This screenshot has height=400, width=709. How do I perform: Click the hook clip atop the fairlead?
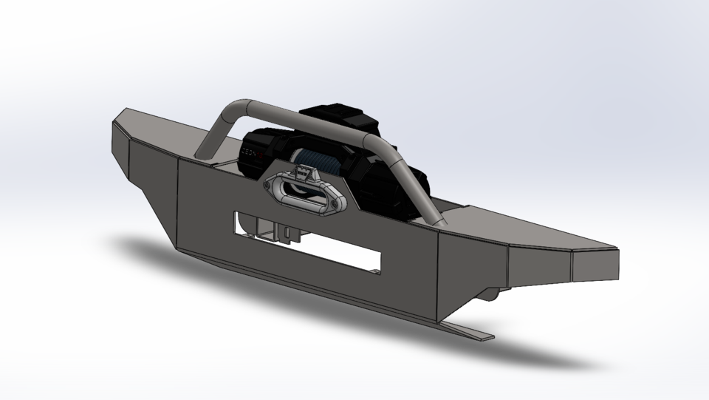coord(302,173)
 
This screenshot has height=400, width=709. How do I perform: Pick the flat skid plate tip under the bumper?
coord(473,333)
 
